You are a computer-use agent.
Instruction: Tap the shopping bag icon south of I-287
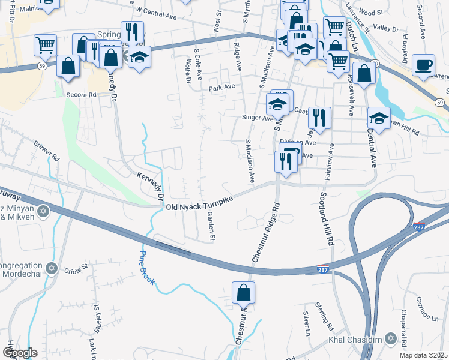[244, 293]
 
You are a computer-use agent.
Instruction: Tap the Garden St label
[211, 227]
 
